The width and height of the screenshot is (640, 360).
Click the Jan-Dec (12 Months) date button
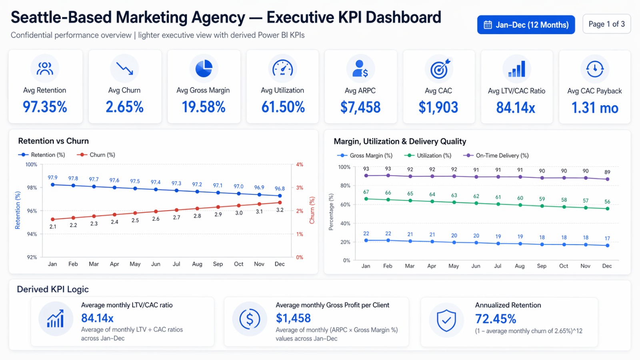526,25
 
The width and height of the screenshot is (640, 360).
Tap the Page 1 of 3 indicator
606,24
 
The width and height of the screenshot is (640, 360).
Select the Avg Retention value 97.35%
45,107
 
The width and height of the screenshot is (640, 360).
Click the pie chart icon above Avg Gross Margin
204,68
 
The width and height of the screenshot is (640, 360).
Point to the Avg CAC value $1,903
438,107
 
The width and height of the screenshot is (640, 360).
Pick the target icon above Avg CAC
439,69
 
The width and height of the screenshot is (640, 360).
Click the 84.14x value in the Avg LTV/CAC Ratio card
516,108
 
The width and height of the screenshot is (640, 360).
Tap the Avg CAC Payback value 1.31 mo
594,108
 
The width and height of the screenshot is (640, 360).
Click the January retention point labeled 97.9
53,184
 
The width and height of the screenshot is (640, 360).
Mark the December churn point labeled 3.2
280,203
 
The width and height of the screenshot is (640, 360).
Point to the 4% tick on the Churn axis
300,164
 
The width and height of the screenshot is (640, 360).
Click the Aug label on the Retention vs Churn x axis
197,264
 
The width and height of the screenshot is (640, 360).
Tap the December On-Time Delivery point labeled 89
607,179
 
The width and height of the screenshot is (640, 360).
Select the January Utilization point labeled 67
366,199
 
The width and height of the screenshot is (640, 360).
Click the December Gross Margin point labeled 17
607,245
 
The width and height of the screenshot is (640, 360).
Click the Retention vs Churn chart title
53,141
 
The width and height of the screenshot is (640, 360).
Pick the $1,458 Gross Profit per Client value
293,318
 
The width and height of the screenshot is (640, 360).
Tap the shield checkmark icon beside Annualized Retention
446,320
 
